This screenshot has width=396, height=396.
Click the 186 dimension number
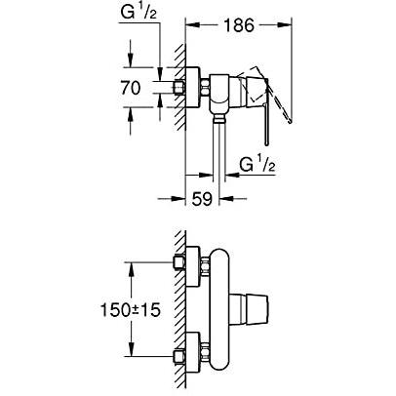tap(239, 25)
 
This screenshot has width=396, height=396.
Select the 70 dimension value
tap(131, 88)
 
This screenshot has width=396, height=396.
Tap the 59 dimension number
tap(202, 199)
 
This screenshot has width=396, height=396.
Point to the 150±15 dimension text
tap(131, 309)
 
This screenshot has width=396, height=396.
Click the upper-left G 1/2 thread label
tap(139, 13)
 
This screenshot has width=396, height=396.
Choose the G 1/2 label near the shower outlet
tap(257, 164)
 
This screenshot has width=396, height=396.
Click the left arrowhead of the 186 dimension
tap(192, 24)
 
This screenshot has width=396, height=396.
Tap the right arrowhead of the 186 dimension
tap(285, 24)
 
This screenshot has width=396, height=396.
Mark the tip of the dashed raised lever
tap(291, 122)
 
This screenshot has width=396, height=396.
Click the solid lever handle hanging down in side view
tap(266, 124)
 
